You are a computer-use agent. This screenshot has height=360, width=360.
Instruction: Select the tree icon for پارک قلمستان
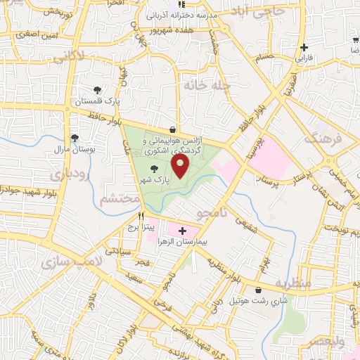coord(97,90)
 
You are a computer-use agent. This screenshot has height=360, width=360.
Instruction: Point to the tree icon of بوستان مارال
coord(75,138)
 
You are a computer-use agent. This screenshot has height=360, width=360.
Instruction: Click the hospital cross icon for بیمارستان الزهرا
coord(183,230)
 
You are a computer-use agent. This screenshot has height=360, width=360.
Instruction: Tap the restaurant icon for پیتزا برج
coord(142,217)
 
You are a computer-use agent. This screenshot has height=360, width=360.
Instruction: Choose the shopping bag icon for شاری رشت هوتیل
coord(259,289)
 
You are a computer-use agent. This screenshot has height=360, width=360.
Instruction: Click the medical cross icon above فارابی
coord(304,48)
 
